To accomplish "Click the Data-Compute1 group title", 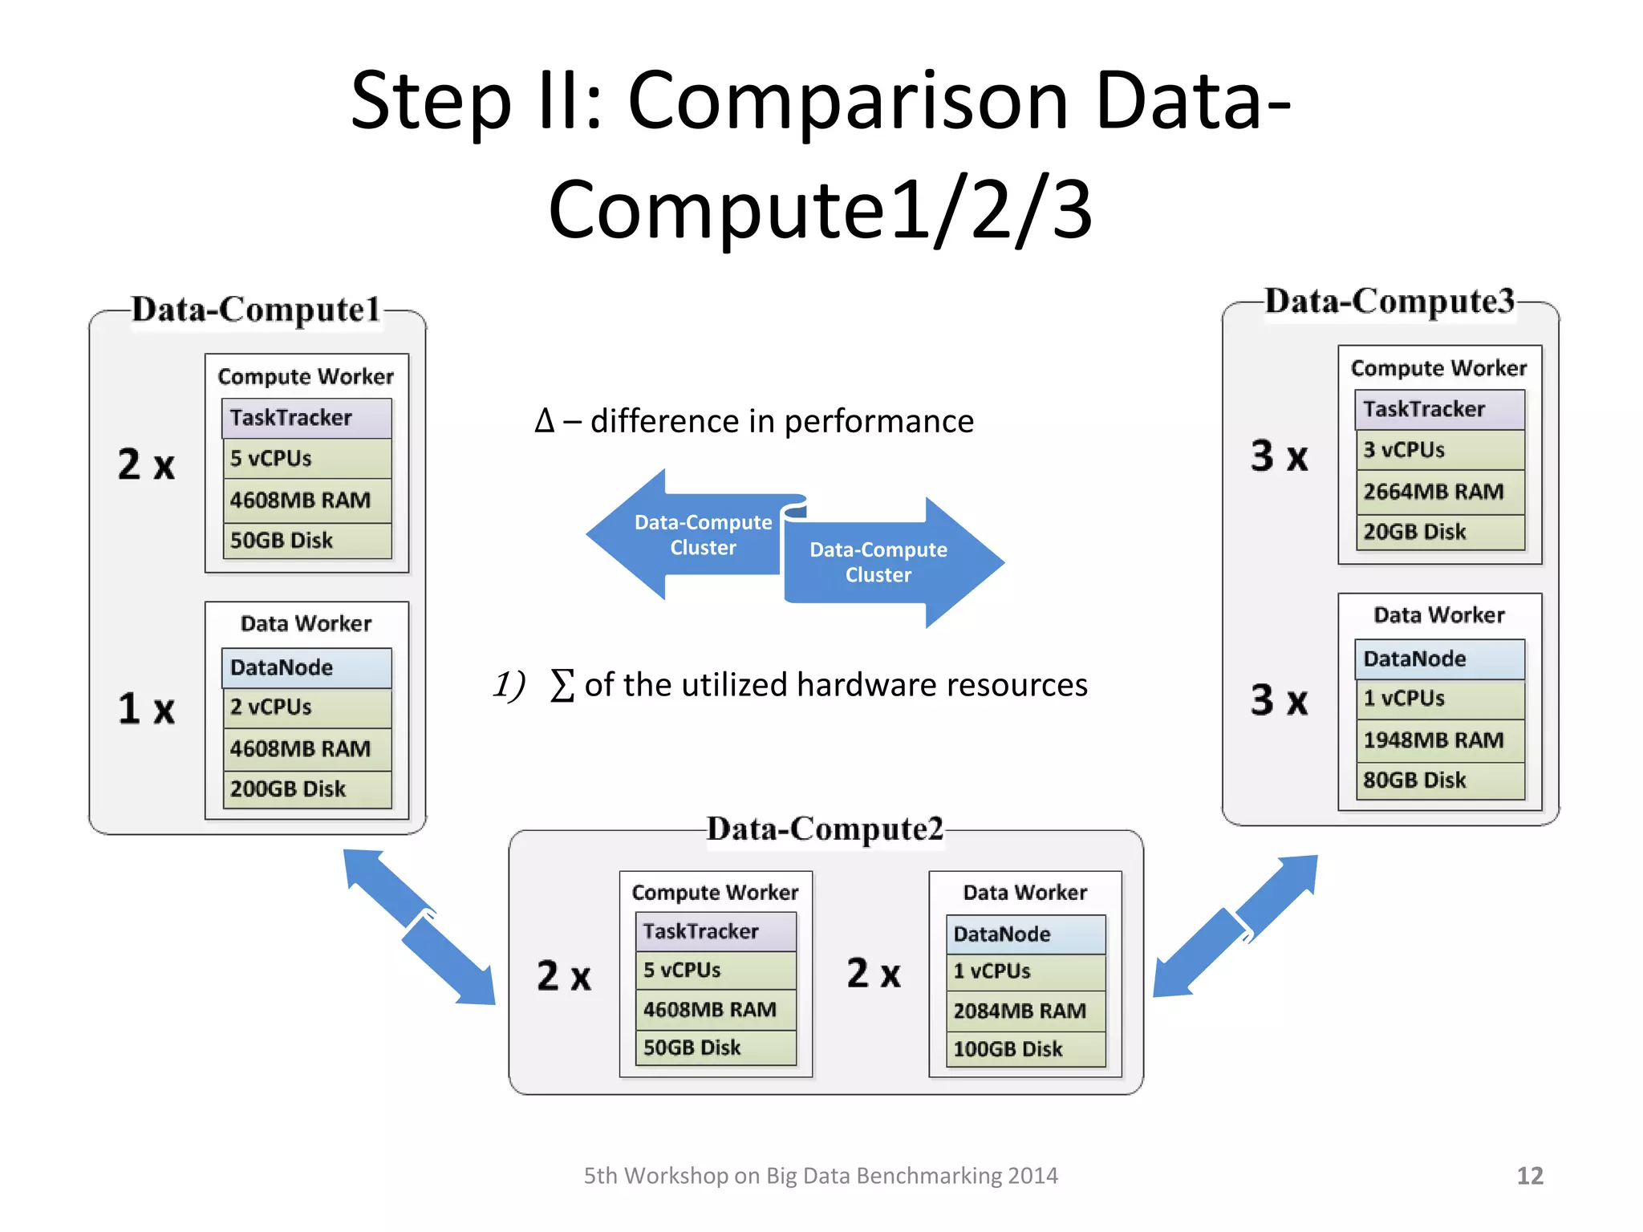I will [x=256, y=310].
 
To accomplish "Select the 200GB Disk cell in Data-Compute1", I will [x=306, y=789].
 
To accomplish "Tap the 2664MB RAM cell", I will [x=1439, y=492].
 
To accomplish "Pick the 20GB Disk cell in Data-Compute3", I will [x=1439, y=532].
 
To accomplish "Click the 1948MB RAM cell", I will [x=1439, y=740].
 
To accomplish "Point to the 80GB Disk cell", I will [x=1439, y=780].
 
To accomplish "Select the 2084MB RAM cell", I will [x=1025, y=1011].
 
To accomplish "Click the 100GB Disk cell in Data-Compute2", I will [x=1025, y=1049].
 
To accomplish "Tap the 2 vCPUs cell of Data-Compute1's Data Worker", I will [x=306, y=707].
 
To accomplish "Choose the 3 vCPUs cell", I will [x=1439, y=450].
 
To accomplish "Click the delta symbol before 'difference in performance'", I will [x=544, y=421].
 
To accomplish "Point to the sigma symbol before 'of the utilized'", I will [x=562, y=686].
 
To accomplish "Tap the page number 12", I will [x=1529, y=1176].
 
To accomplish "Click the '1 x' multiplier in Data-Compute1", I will [x=146, y=709].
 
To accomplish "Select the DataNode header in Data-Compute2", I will [x=1025, y=934].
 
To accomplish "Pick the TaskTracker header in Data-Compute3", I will [x=1439, y=409].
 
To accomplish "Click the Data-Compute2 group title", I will [x=825, y=829].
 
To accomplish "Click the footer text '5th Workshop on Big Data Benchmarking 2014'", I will [x=820, y=1176].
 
